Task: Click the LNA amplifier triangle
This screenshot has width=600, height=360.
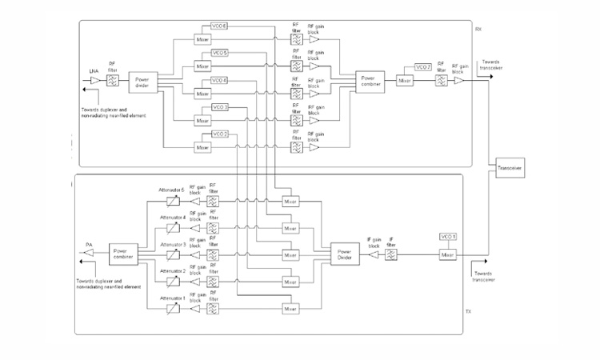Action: [94, 80]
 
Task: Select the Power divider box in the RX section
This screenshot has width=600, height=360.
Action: [142, 80]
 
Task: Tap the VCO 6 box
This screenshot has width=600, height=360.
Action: [220, 26]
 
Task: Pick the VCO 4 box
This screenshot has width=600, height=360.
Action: [220, 80]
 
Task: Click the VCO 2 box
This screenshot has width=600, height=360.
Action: [220, 134]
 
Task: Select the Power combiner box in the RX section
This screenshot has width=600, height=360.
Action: [370, 80]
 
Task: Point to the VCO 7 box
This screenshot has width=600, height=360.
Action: [423, 66]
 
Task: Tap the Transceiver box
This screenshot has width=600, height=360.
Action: [510, 168]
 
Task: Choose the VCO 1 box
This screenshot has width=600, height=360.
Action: [448, 237]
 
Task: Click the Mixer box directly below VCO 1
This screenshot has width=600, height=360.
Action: [448, 255]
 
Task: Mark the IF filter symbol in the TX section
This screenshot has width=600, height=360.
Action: [390, 255]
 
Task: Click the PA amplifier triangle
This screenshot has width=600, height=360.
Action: [87, 255]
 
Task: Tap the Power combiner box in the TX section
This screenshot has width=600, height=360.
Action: [123, 255]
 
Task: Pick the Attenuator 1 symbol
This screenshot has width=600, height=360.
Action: [172, 309]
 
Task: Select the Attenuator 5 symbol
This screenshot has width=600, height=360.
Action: [172, 202]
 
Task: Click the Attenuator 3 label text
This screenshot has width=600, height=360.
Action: [172, 244]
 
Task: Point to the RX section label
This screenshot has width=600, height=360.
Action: [478, 29]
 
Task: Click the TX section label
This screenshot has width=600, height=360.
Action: [468, 313]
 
